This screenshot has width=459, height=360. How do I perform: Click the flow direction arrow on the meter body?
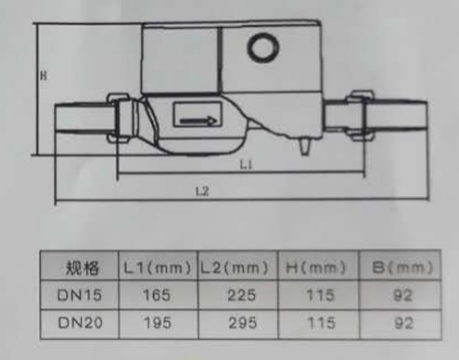coord(198,121)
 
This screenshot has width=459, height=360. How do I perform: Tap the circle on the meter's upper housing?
coord(263,47)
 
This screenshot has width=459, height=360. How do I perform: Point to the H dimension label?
coord(44,75)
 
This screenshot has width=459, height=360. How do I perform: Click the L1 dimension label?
coord(247,164)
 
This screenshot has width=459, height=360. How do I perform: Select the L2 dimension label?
coord(202,191)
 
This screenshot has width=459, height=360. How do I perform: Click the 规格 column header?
coord(82,267)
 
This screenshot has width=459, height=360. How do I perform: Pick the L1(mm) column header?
coord(158,267)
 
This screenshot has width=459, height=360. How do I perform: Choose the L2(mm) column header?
coord(234,267)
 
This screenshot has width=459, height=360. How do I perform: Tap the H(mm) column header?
coord(315,267)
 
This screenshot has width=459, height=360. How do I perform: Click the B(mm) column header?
coord(402,267)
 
